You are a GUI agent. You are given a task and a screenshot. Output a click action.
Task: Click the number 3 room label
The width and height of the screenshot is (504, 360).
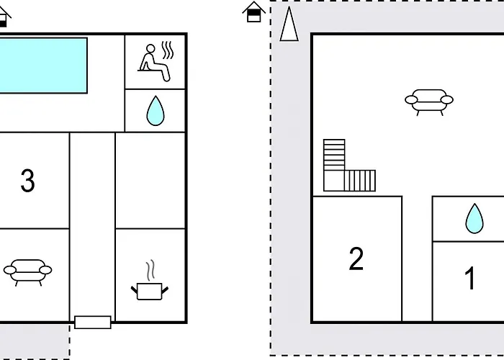click(x=27, y=181)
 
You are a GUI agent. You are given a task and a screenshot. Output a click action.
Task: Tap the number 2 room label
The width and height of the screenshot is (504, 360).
click(x=356, y=258)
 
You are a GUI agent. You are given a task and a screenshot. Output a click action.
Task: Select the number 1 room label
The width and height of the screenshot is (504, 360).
click(x=471, y=278)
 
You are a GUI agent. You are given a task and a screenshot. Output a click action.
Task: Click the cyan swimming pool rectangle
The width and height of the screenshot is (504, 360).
click(x=43, y=66)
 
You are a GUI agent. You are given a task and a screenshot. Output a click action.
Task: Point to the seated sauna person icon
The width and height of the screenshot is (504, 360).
click(x=154, y=63)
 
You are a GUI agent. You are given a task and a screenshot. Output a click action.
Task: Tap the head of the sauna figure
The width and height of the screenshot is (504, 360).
click(x=150, y=48)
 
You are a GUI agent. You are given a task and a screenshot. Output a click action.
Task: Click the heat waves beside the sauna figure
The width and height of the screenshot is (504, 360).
click(x=168, y=50)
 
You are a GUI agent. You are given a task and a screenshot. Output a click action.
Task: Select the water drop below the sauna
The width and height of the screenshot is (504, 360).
click(x=156, y=111)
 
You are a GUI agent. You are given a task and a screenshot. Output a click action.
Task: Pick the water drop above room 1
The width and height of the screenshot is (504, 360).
click(x=474, y=219)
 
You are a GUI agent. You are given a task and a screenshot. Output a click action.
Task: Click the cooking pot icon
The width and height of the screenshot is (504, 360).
click(x=150, y=291)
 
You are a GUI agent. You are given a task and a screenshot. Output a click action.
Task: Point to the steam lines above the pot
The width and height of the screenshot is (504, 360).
click(x=150, y=270)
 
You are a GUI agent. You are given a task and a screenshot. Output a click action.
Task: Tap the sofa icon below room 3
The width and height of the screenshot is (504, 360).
click(x=27, y=272)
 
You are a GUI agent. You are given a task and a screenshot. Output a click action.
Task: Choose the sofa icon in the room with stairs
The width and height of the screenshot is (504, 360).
click(x=429, y=102)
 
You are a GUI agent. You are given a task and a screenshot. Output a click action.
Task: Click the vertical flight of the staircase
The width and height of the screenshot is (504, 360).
click(x=334, y=155)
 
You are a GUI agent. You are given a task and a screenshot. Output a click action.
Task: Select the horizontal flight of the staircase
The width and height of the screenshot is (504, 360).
click(x=360, y=181)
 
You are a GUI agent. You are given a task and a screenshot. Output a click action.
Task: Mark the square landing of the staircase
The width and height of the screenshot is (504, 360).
click(x=334, y=181)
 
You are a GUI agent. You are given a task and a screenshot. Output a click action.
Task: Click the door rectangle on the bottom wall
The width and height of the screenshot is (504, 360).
click(x=93, y=323)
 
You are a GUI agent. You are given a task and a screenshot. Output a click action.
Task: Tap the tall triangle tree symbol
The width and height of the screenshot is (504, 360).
click(x=289, y=24)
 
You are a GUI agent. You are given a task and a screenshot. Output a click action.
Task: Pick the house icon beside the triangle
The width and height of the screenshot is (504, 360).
click(x=254, y=12)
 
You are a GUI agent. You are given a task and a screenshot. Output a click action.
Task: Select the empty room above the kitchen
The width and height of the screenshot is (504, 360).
click(x=150, y=180)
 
